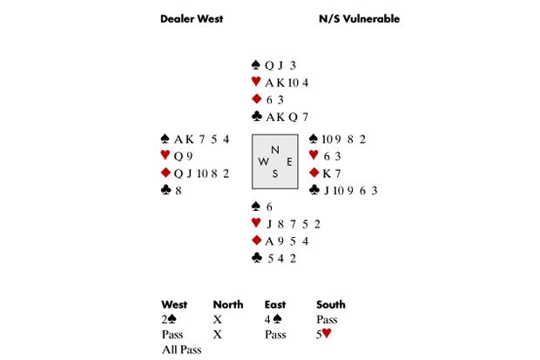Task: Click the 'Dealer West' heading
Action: [x=192, y=18]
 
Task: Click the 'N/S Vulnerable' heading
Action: [x=359, y=18]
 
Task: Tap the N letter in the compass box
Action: [x=275, y=150]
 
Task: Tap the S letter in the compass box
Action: [x=275, y=173]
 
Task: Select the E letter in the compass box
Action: [x=289, y=162]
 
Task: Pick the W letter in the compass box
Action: [x=263, y=162]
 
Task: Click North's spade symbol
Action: [x=255, y=65]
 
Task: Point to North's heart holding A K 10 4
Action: [x=287, y=83]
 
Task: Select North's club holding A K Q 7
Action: [x=287, y=118]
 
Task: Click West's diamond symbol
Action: [x=165, y=173]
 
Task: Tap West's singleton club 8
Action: [x=178, y=191]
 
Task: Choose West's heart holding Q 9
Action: [x=183, y=157]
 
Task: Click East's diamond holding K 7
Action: [x=332, y=173]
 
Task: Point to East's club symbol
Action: [x=314, y=190]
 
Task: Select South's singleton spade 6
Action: [x=269, y=207]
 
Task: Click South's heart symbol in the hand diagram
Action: [x=256, y=223]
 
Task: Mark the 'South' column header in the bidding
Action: [x=331, y=304]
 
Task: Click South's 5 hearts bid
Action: [x=324, y=334]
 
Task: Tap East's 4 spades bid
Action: [x=273, y=319]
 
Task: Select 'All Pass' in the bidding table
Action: [x=181, y=350]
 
